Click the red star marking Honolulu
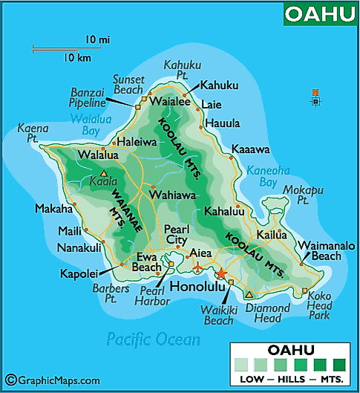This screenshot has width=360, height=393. click(220, 273)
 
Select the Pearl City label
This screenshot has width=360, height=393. click(177, 235)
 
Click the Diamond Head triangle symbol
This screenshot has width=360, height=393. click(249, 294)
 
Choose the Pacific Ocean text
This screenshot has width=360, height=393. click(153, 340)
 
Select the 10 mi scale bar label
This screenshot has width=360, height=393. click(97, 38)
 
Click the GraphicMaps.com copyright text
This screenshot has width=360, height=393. click(53, 380)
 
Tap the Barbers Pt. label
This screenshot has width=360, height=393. click(111, 293)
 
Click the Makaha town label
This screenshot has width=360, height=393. click(53, 209)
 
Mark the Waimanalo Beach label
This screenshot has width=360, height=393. click(327, 250)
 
